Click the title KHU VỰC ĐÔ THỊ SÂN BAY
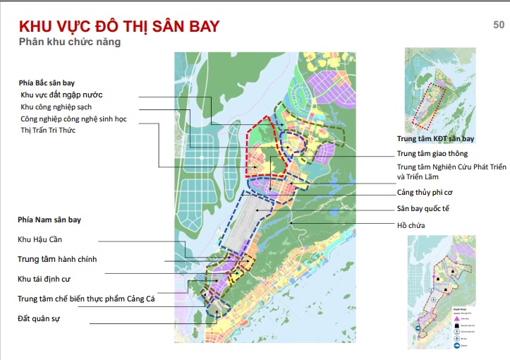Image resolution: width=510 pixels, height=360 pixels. click(119, 27)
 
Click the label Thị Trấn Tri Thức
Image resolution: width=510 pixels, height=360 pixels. click(50, 131)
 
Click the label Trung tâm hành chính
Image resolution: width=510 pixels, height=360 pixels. click(57, 259)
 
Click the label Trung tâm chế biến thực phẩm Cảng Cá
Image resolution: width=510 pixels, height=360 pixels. click(86, 299)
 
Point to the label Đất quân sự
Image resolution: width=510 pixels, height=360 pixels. click(39, 319)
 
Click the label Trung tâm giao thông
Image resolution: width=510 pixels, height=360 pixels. click(432, 153)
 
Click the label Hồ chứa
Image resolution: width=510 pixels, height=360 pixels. click(411, 225)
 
